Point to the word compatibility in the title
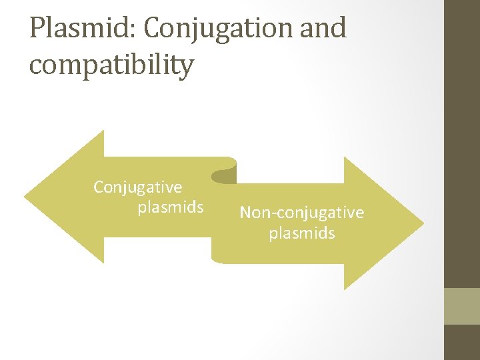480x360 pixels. tap(111, 65)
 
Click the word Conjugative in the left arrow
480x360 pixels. tap(137, 187)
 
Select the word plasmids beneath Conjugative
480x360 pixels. tap(170, 207)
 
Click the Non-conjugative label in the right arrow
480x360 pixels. tap(301, 213)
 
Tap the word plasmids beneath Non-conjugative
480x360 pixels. tap(301, 233)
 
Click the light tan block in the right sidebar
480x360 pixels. tap(461, 305)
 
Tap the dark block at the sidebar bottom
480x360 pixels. tap(461, 342)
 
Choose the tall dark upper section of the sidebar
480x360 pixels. tap(461, 143)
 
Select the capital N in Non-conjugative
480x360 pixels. tap(245, 213)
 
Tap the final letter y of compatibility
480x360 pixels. tap(186, 68)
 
